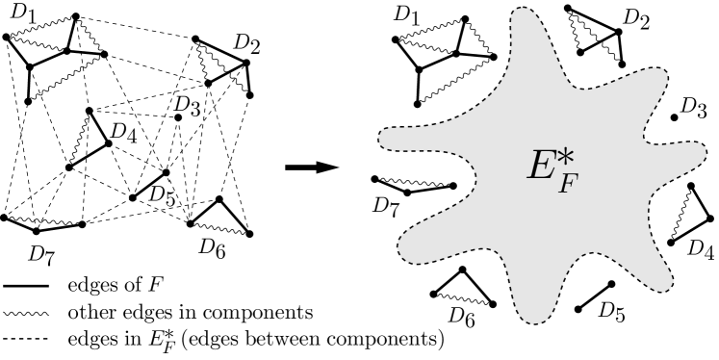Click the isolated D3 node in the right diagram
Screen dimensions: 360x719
point(674,117)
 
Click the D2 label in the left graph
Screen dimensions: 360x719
point(245,45)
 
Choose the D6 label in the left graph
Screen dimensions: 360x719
point(214,245)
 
